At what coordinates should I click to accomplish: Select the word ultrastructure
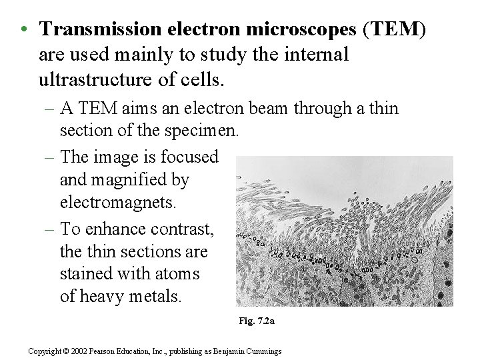(108, 80)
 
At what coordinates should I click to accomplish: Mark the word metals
(153, 296)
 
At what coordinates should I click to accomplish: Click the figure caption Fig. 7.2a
(257, 321)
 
